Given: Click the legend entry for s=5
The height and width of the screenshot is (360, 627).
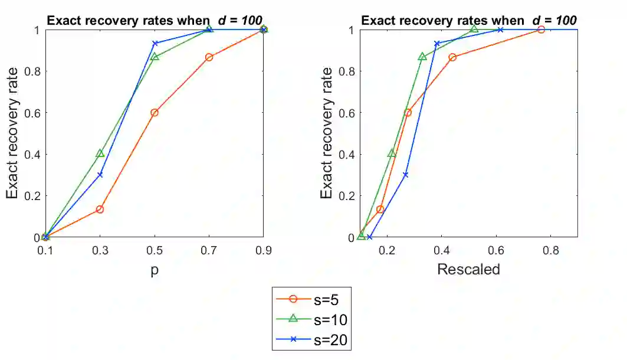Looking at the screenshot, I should coord(313,300).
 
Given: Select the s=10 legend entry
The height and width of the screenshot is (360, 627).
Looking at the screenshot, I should coord(313,320).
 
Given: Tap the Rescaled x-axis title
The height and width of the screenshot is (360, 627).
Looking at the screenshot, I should coord(468,269).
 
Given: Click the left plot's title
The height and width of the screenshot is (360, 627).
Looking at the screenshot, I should coord(155,20).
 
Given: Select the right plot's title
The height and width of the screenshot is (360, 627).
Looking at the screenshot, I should coord(468,20).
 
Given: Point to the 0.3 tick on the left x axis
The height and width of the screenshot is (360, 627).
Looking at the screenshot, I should coord(100,250).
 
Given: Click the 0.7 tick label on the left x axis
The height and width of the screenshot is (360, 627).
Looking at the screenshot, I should coord(209,250).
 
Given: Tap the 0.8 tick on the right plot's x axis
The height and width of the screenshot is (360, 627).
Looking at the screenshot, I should coord(550,250).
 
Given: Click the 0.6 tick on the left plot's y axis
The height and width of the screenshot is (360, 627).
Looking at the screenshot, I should coord(34,113).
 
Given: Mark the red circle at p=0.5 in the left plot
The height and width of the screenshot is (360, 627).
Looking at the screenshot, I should coord(155,113).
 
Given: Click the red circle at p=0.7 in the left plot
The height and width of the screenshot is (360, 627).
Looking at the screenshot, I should coord(209,57).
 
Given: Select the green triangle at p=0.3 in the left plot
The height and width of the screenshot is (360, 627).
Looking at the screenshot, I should coord(100,153).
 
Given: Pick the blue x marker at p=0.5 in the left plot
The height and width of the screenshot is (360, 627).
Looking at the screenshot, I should coord(155,44).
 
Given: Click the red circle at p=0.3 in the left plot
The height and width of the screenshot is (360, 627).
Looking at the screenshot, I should coord(100,210).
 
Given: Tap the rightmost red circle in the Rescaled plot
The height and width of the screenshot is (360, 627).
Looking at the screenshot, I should coord(541,30).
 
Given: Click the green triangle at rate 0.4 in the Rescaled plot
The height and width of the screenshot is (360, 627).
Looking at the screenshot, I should coord(392,153).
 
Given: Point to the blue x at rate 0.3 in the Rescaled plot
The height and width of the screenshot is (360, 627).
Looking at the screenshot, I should coord(405,175).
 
